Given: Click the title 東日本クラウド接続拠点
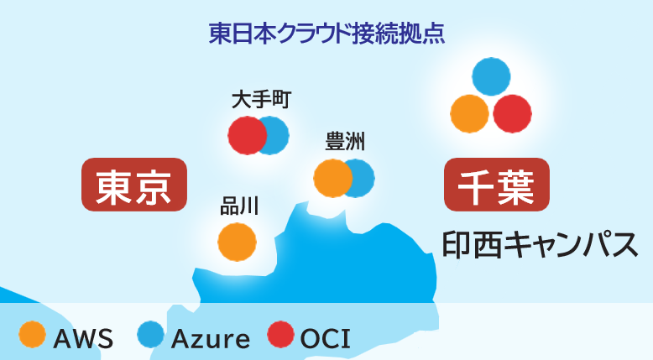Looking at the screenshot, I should point(326,34).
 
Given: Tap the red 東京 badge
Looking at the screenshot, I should point(133,185).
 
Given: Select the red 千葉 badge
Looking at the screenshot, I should point(496,185).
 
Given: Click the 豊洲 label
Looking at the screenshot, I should point(344,142).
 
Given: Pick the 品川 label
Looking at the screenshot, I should point(238,206).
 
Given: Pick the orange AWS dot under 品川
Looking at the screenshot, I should point(238,242).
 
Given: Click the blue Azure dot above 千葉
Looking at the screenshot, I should point(491,76).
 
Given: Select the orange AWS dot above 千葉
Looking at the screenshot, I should point(469,113).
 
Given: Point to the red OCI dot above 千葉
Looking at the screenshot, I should point(513,113).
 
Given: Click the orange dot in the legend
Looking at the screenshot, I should point(32,335).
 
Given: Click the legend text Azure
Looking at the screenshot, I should point(210,339).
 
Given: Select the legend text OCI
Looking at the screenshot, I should point(325,339).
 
